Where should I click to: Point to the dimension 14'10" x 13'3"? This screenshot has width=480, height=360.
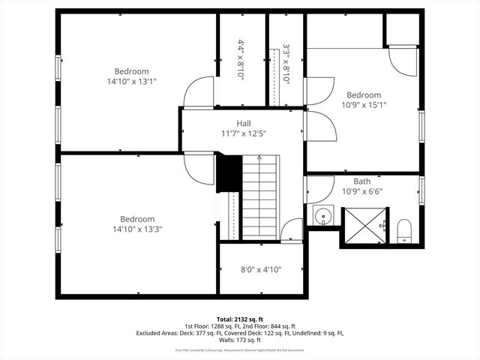click(x=137, y=229)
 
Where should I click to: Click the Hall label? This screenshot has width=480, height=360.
click(x=244, y=123)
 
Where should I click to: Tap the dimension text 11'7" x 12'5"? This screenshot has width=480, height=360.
click(x=244, y=133)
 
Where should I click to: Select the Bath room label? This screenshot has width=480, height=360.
click(x=362, y=181)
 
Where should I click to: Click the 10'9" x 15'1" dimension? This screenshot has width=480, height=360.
click(x=363, y=106)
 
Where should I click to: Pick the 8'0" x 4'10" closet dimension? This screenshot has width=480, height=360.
click(x=261, y=270)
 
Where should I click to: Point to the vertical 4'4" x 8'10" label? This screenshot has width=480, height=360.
click(x=241, y=60)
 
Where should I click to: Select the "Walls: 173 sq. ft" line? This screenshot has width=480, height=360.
click(x=240, y=340)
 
